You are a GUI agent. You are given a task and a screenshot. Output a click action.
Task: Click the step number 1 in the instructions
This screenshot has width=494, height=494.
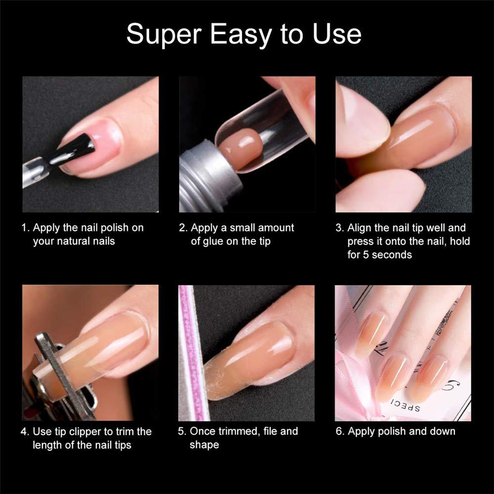click(24, 228)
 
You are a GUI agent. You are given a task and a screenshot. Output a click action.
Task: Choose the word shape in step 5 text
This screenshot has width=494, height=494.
click(204, 445)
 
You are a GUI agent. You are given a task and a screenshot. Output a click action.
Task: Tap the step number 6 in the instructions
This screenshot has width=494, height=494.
click(339, 431)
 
